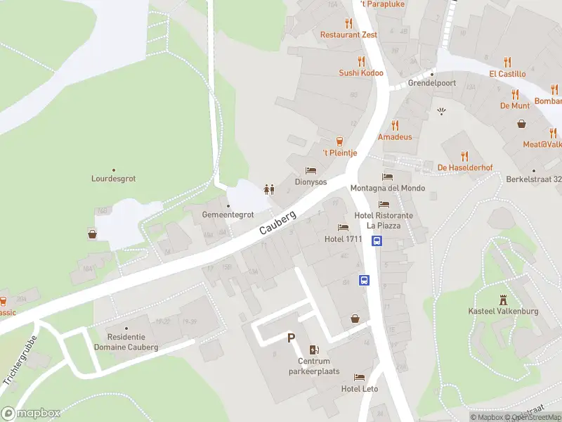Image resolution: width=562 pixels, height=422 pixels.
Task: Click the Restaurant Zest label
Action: click(348, 34)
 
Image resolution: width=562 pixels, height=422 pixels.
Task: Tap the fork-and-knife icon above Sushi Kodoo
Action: click(361, 60)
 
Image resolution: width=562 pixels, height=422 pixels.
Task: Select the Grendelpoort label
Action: click(433, 83)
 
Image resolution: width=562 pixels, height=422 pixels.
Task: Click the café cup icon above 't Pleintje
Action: click(340, 141)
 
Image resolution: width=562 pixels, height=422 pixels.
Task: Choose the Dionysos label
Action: click(311, 181)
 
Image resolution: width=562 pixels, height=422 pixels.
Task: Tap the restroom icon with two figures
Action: click(268, 188)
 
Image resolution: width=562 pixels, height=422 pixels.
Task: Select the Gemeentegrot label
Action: click(228, 215)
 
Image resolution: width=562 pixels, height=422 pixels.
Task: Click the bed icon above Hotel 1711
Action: click(343, 227)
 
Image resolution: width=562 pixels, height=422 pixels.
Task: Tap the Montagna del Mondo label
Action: click(398, 188)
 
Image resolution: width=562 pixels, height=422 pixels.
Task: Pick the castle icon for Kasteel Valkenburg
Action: click(502, 299)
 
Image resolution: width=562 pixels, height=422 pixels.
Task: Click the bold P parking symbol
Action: click(291, 338)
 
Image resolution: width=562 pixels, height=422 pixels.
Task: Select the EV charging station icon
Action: click(314, 350)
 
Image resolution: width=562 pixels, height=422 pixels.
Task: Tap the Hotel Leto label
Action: click(360, 389)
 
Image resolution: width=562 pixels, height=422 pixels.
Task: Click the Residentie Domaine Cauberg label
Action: click(133, 342)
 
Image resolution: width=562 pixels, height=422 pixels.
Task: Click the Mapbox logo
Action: click(31, 413)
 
